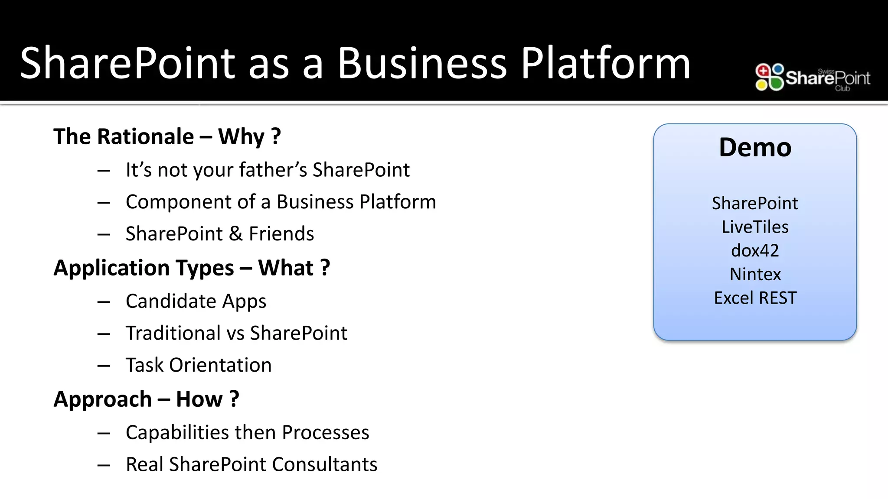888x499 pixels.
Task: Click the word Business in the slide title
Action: (x=421, y=64)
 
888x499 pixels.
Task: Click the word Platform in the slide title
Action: (x=605, y=64)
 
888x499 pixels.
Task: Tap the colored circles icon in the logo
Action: (x=769, y=77)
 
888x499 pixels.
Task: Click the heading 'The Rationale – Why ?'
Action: (x=167, y=136)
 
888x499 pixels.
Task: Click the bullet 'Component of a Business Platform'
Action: (x=281, y=202)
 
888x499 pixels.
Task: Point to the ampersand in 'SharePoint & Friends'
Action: (x=235, y=234)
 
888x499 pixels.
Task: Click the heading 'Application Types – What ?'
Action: (x=192, y=268)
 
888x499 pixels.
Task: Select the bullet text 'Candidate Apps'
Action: (x=196, y=301)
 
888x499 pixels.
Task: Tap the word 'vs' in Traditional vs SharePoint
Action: (x=236, y=334)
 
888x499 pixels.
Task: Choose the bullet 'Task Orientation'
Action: (x=199, y=365)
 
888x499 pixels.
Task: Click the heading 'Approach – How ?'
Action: (x=146, y=399)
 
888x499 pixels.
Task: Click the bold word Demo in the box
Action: (x=755, y=147)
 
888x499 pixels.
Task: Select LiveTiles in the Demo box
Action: (x=755, y=227)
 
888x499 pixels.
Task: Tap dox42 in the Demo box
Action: (x=755, y=251)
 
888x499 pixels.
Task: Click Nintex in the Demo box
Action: (x=755, y=274)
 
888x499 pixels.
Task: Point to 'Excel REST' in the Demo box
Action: (x=755, y=298)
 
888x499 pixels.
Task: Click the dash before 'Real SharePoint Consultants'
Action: (x=104, y=466)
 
